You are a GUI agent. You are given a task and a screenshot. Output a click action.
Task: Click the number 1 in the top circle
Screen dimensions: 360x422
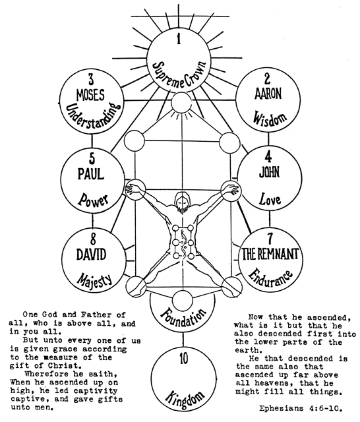(x=179, y=39)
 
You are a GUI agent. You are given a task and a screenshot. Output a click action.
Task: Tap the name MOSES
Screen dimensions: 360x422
(x=90, y=95)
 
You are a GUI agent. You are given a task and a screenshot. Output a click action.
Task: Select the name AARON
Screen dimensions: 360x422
(x=268, y=94)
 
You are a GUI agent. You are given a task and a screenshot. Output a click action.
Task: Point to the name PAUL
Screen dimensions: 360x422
(x=91, y=174)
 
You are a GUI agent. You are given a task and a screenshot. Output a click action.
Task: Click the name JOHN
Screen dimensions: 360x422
(x=269, y=172)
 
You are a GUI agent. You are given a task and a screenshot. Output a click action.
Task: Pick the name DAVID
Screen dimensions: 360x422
(x=91, y=255)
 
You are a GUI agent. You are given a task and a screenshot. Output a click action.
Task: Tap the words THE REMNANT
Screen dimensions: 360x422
(x=270, y=254)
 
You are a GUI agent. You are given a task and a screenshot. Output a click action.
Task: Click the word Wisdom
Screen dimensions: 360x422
(x=270, y=118)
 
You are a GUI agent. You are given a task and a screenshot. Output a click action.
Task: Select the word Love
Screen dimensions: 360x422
(x=270, y=199)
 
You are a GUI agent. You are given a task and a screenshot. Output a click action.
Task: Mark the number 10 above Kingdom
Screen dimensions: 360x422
(x=184, y=359)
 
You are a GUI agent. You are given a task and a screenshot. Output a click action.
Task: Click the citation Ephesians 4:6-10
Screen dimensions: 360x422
(x=301, y=409)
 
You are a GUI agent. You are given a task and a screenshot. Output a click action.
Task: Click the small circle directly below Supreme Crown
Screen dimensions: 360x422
(x=182, y=103)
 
